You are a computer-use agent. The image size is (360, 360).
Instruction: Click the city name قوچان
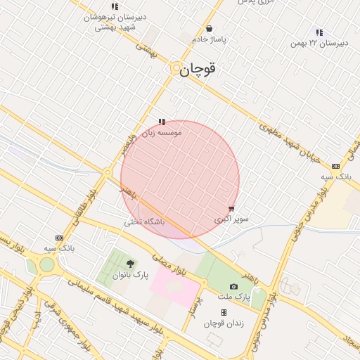197,70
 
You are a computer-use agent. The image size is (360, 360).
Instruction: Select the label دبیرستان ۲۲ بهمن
320,44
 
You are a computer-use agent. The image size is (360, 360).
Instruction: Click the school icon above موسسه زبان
162,122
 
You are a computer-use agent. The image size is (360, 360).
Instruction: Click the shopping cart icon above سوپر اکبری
232,209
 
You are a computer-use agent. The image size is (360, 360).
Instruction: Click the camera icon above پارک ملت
234,287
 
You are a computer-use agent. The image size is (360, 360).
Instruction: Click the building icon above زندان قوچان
224,313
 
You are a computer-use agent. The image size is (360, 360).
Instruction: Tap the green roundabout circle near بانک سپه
47,264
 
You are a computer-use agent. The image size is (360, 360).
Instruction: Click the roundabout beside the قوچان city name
175,68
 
